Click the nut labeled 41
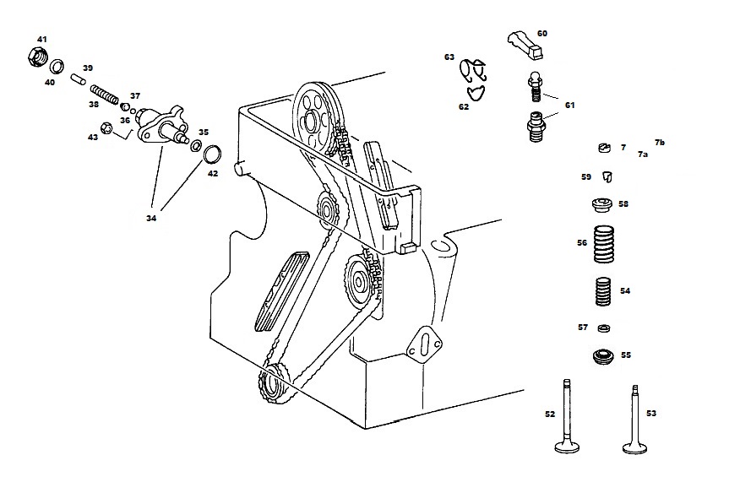tap(38, 57)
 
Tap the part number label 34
tap(151, 219)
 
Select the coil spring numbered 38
tap(104, 94)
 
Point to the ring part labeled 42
tap(212, 153)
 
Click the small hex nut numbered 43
tap(107, 127)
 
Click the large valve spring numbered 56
tap(604, 244)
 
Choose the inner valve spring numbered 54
tap(602, 291)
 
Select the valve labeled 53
tap(634, 420)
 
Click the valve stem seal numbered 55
tap(602, 356)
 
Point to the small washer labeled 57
tap(604, 328)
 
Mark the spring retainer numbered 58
tap(602, 205)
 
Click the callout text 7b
tap(659, 143)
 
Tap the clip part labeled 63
tap(473, 70)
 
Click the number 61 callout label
tap(570, 106)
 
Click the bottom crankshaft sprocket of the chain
tap(272, 383)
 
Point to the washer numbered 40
tap(57, 67)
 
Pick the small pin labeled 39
tap(79, 79)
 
